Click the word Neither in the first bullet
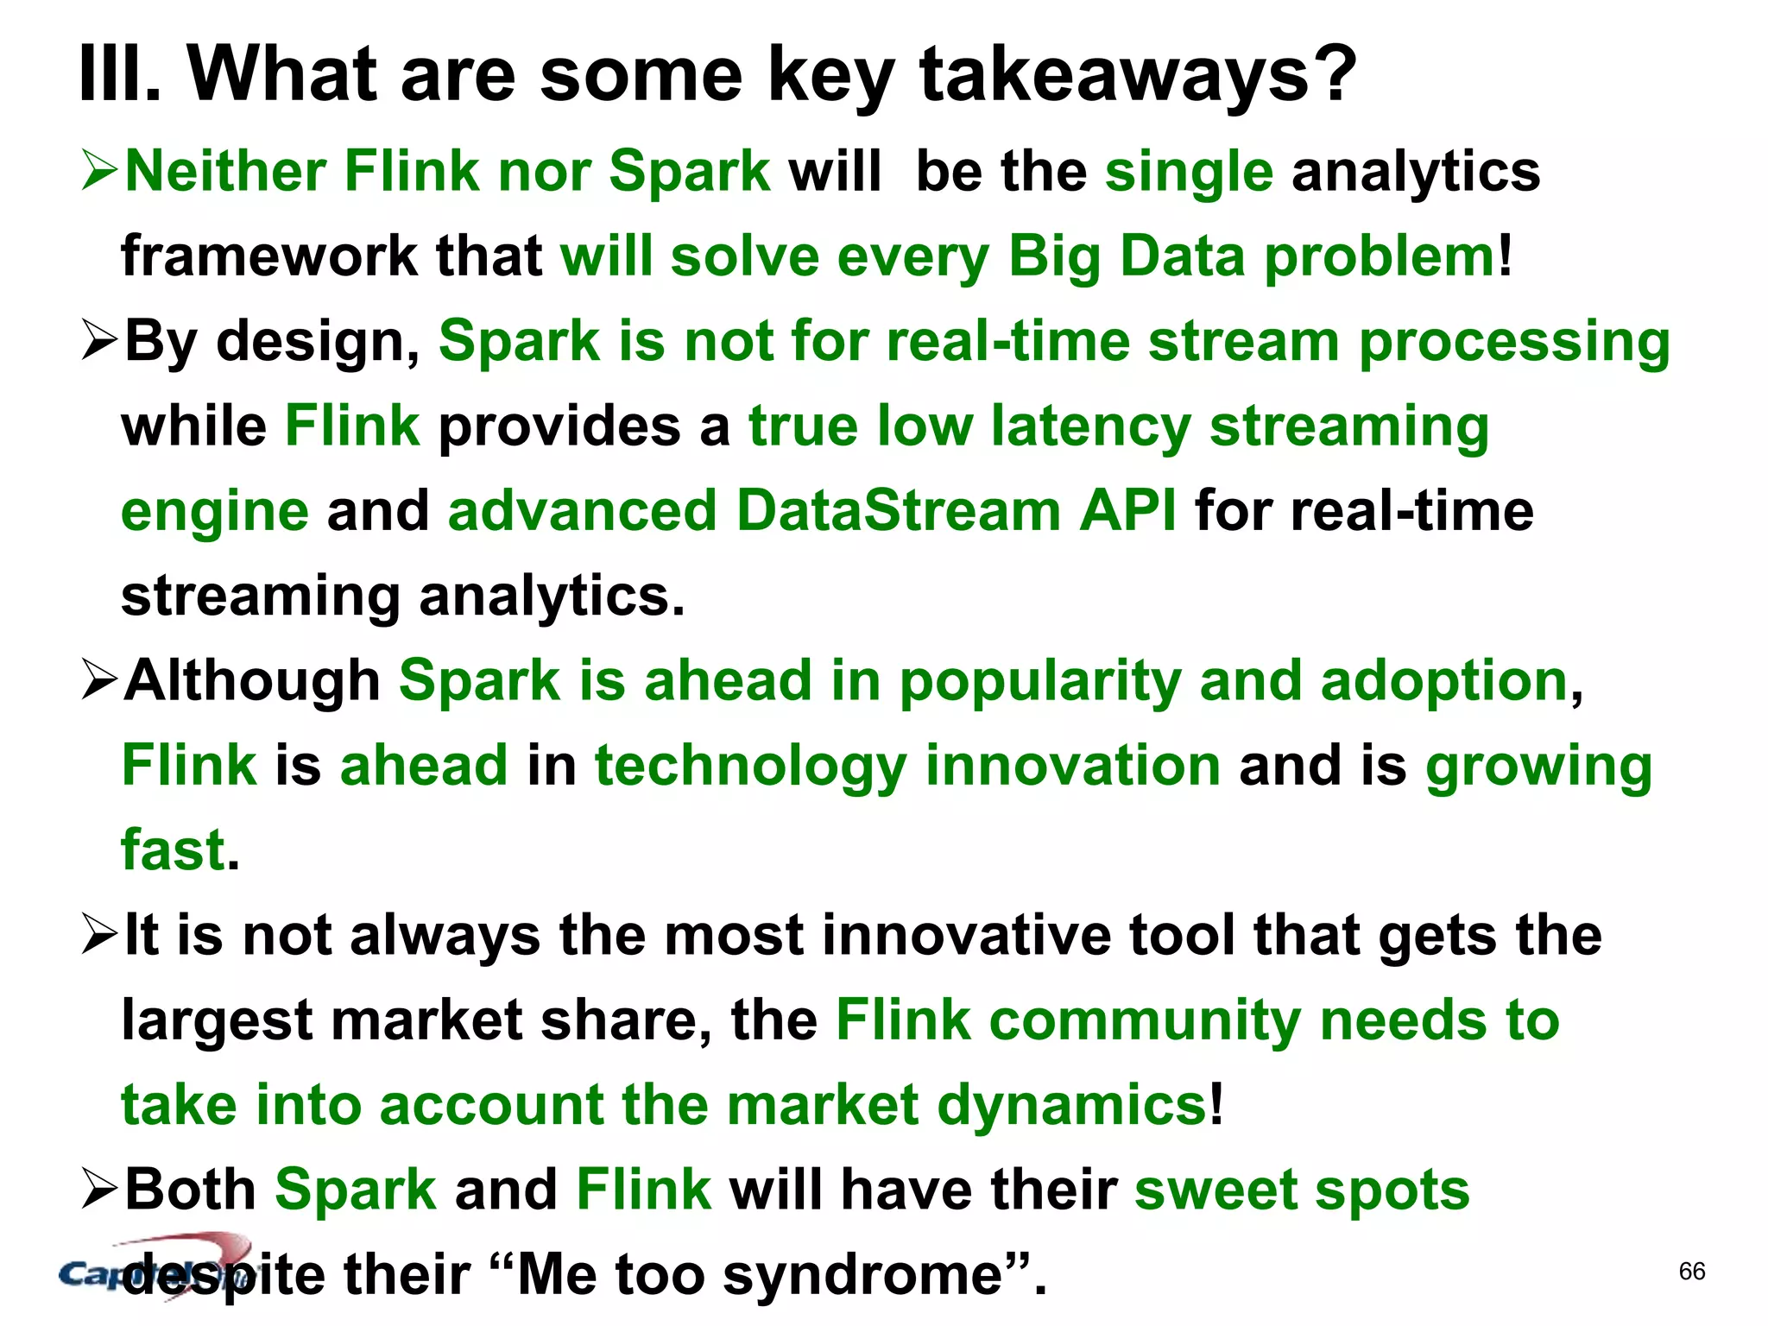224,171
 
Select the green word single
1189,171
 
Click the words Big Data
1126,256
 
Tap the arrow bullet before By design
98,340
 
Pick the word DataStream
898,510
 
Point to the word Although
252,680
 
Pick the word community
1145,1020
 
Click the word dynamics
1071,1105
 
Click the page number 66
1692,1271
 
